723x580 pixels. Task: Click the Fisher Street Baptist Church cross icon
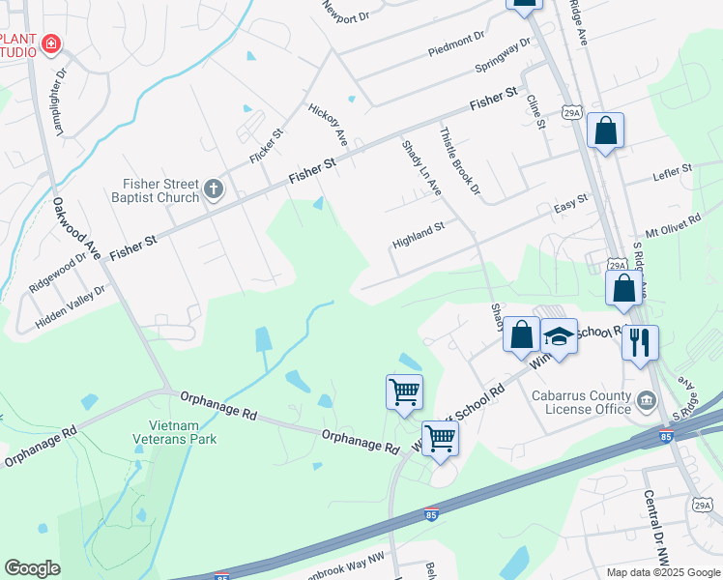pos(214,190)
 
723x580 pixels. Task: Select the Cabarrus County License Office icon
pos(646,399)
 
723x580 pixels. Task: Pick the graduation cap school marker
pos(558,336)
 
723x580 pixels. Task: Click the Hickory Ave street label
pos(328,126)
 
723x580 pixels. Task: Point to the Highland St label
pos(418,233)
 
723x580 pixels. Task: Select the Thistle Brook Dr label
pos(459,161)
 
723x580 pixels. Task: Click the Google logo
pos(32,568)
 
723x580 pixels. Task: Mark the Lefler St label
pos(673,172)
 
